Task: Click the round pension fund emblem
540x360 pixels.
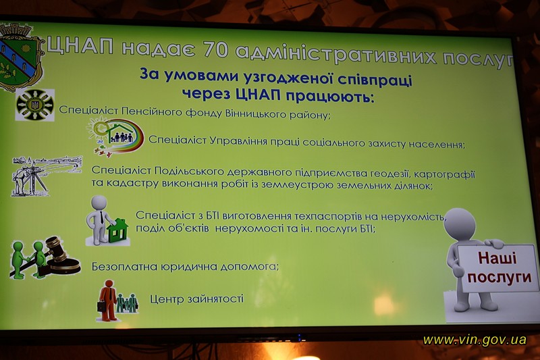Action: tap(35, 105)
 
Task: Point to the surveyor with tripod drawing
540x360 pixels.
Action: tap(46, 176)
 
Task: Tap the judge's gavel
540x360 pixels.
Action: tap(62, 255)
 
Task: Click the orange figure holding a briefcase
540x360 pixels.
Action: tap(108, 301)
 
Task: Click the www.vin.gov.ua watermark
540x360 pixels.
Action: tap(475, 340)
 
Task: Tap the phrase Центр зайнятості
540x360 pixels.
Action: tap(196, 299)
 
